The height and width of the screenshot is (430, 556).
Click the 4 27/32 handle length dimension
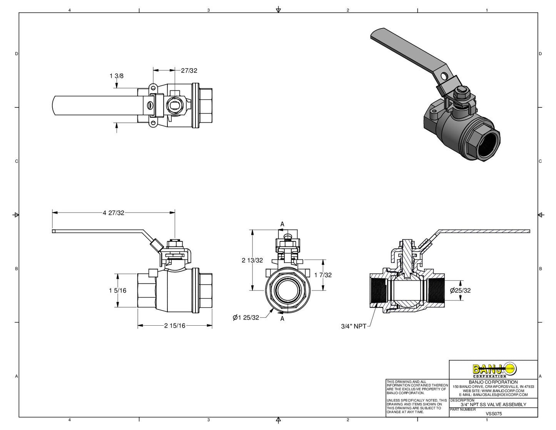(x=114, y=212)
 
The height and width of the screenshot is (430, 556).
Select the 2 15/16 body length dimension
(x=175, y=326)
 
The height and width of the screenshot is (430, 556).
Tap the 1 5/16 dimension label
(x=117, y=290)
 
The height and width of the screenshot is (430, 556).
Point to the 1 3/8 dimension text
(x=117, y=76)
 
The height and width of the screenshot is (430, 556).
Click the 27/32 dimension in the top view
(x=189, y=70)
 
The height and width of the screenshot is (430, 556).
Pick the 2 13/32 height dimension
(x=252, y=260)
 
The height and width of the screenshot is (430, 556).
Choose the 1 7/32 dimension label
(x=323, y=275)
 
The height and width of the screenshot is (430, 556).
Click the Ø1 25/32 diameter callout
(x=246, y=318)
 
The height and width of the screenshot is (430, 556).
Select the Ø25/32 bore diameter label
(x=460, y=290)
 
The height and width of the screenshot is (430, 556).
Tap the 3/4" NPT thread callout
(x=354, y=326)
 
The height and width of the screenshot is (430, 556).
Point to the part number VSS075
(x=494, y=414)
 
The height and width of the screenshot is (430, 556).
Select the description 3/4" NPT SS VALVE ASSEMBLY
(x=493, y=405)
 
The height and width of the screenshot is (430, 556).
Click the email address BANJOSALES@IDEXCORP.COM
(x=500, y=395)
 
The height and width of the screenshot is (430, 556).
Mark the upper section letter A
(x=282, y=224)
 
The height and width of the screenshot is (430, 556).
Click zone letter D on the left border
(x=17, y=54)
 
